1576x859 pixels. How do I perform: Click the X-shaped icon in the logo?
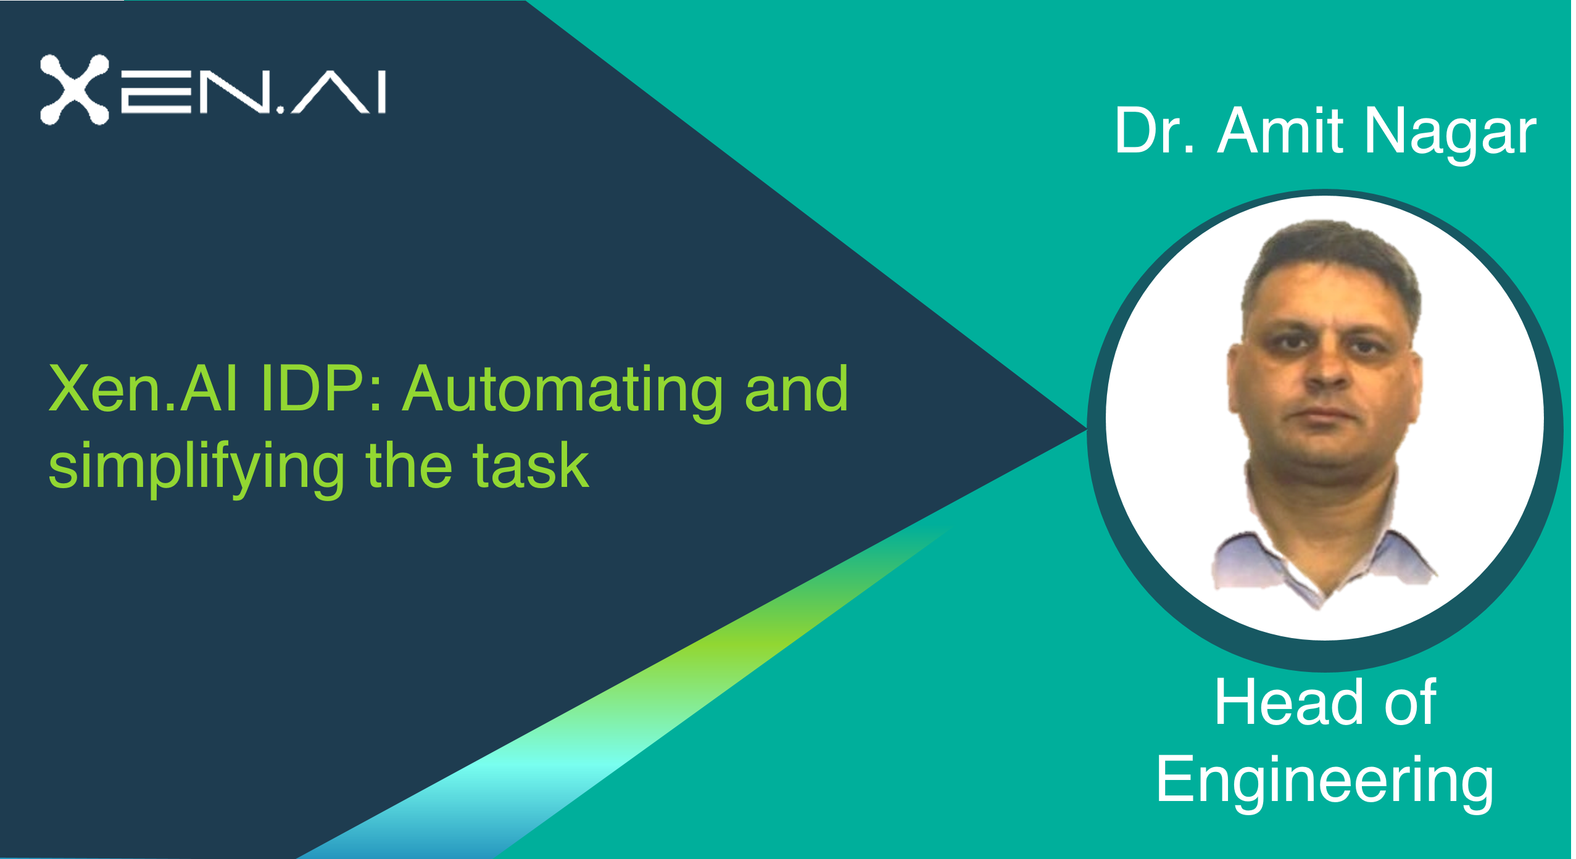click(x=75, y=89)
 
